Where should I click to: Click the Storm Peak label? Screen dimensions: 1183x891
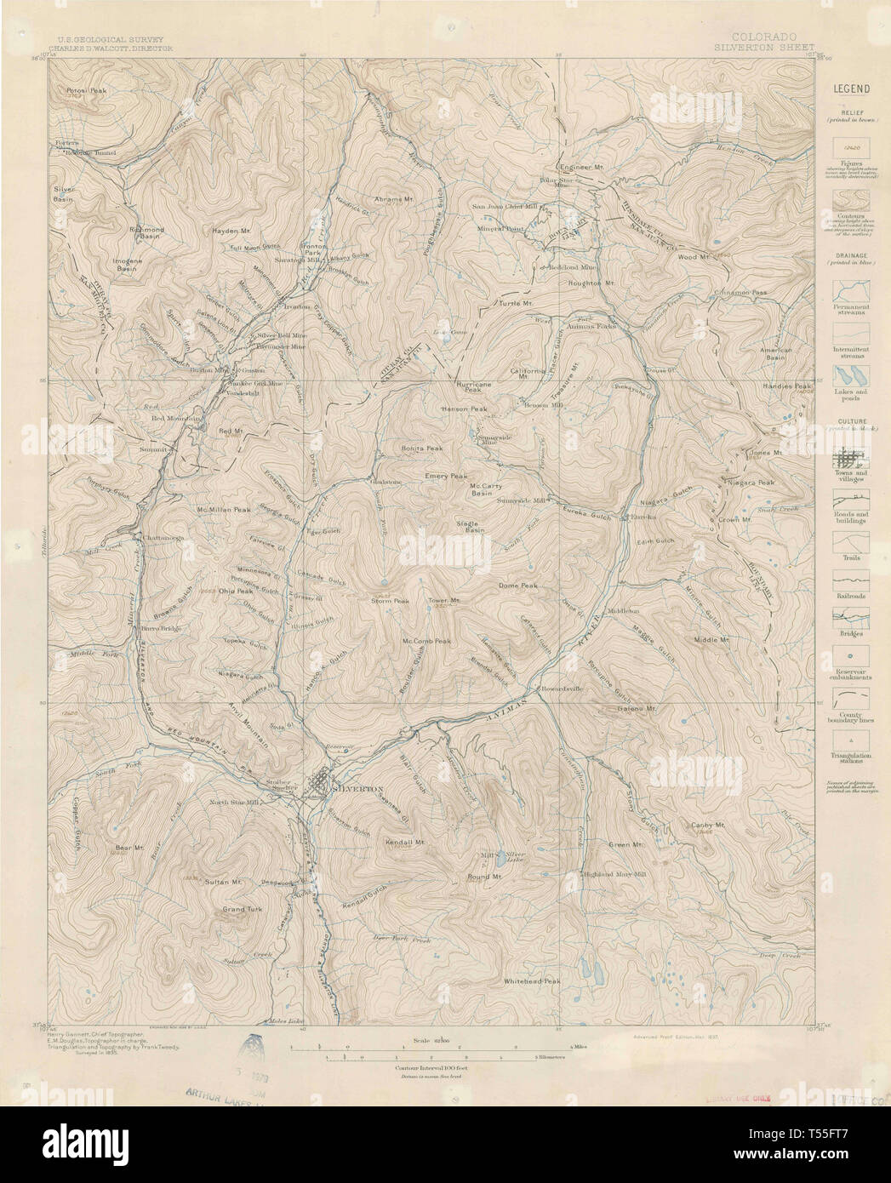[x=391, y=601]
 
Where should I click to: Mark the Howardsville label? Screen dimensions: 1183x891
[x=557, y=689]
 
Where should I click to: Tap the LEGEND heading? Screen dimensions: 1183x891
[x=850, y=89]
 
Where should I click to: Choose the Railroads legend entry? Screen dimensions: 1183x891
[x=851, y=596]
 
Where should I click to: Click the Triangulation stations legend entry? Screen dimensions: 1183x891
[x=851, y=752]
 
